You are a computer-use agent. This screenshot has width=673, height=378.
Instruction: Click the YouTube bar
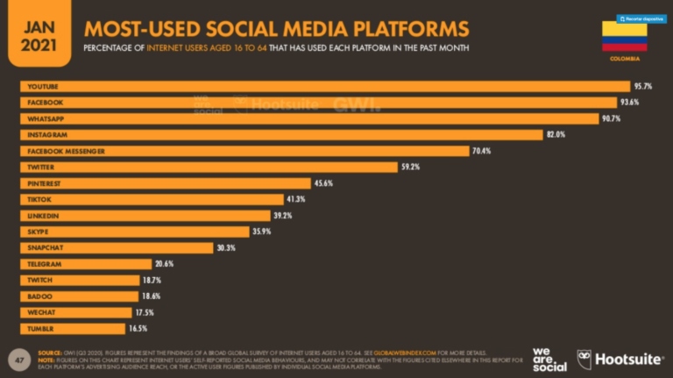pyautogui.click(x=324, y=86)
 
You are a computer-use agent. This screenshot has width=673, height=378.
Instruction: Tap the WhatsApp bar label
pyautogui.click(x=44, y=118)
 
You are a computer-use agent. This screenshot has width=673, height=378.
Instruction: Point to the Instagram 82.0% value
pyautogui.click(x=556, y=134)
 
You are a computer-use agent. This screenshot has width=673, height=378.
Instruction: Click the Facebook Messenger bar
pyautogui.click(x=244, y=151)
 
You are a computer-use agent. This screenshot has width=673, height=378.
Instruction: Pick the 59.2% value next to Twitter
pyautogui.click(x=411, y=167)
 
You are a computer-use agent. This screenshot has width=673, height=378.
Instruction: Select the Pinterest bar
pyautogui.click(x=166, y=183)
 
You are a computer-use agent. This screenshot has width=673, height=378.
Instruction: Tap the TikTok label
pyautogui.click(x=39, y=199)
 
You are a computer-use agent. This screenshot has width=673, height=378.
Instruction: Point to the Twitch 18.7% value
pyautogui.click(x=151, y=280)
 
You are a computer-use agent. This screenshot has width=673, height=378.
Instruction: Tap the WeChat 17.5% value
pyautogui.click(x=145, y=312)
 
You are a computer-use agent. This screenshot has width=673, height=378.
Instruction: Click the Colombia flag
pyautogui.click(x=624, y=36)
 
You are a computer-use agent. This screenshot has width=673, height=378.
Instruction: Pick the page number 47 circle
pyautogui.click(x=16, y=360)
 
